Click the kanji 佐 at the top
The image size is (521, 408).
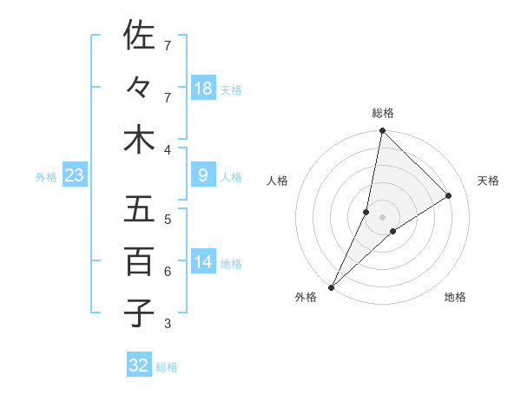pyautogui.click(x=139, y=36)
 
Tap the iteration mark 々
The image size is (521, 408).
pyautogui.click(x=139, y=89)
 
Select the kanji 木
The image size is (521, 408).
pyautogui.click(x=139, y=141)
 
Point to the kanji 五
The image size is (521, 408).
pyautogui.click(x=139, y=210)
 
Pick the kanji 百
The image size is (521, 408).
pyautogui.click(x=139, y=261)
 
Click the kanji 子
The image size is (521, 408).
pyautogui.click(x=139, y=313)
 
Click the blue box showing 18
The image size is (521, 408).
pyautogui.click(x=203, y=89)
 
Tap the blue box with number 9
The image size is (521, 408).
pyautogui.click(x=203, y=176)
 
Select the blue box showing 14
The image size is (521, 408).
pyautogui.click(x=203, y=263)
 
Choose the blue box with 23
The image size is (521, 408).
pyautogui.click(x=75, y=176)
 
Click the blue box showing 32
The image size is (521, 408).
pyautogui.click(x=139, y=365)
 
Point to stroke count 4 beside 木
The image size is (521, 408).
pyautogui.click(x=168, y=150)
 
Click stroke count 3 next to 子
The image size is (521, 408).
pyautogui.click(x=168, y=324)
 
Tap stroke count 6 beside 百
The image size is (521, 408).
pyautogui.click(x=168, y=272)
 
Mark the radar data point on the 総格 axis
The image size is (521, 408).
pyautogui.click(x=382, y=130)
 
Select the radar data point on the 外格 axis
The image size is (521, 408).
pyautogui.click(x=331, y=287)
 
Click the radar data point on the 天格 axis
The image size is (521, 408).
pyautogui.click(x=449, y=195)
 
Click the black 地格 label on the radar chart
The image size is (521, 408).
pyautogui.click(x=455, y=297)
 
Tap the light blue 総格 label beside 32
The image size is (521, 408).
pyautogui.click(x=167, y=367)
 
